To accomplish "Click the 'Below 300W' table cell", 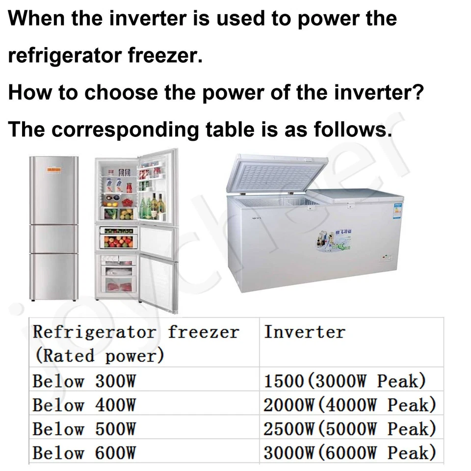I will [84, 381].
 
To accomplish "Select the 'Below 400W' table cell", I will [84, 405].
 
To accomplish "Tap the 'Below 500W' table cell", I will [84, 429].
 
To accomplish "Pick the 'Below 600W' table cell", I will [84, 452].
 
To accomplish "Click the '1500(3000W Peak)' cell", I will [345, 381].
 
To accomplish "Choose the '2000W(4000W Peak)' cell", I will [350, 405].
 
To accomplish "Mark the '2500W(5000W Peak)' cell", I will [350, 429].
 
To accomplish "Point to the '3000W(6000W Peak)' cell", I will [350, 452].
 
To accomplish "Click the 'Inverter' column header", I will [304, 332].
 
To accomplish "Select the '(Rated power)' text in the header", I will [98, 356].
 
